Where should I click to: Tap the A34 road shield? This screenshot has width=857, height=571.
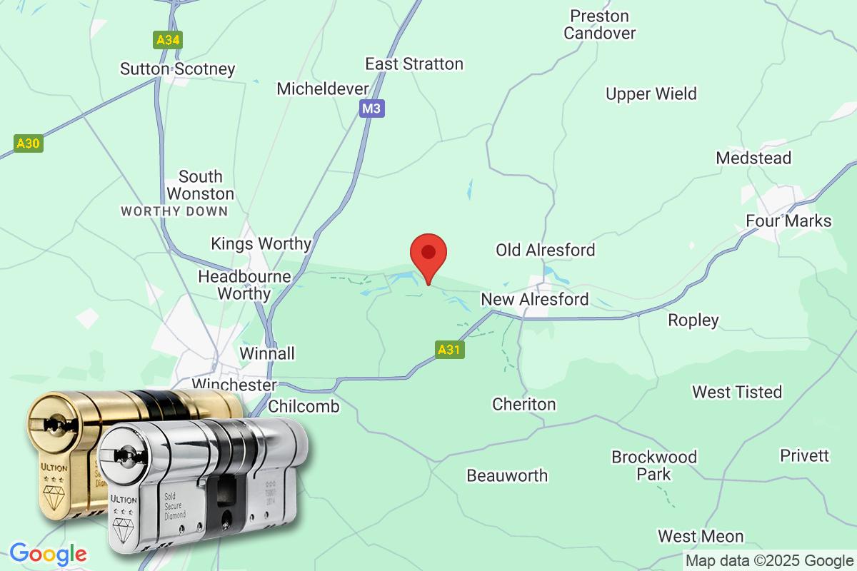(168, 39)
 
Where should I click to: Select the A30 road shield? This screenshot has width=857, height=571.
(28, 143)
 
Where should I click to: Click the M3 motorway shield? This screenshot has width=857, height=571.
(370, 108)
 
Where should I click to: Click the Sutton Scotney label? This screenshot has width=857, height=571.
(177, 69)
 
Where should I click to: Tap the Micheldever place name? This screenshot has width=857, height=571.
(323, 89)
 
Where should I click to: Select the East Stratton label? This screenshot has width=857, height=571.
(414, 64)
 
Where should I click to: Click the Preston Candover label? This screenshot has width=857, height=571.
(599, 24)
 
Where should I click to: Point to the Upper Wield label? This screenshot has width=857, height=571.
(651, 94)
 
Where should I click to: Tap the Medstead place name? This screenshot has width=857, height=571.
(753, 158)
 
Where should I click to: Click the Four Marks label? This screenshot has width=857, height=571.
(788, 221)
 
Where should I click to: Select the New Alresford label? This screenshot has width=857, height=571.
(535, 299)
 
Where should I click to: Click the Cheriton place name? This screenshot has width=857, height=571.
(523, 405)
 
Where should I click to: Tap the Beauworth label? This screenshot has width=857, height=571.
(507, 475)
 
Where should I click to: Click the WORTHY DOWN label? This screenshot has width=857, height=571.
(174, 211)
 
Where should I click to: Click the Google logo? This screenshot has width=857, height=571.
(48, 554)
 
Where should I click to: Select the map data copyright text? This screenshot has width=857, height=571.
(769, 560)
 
